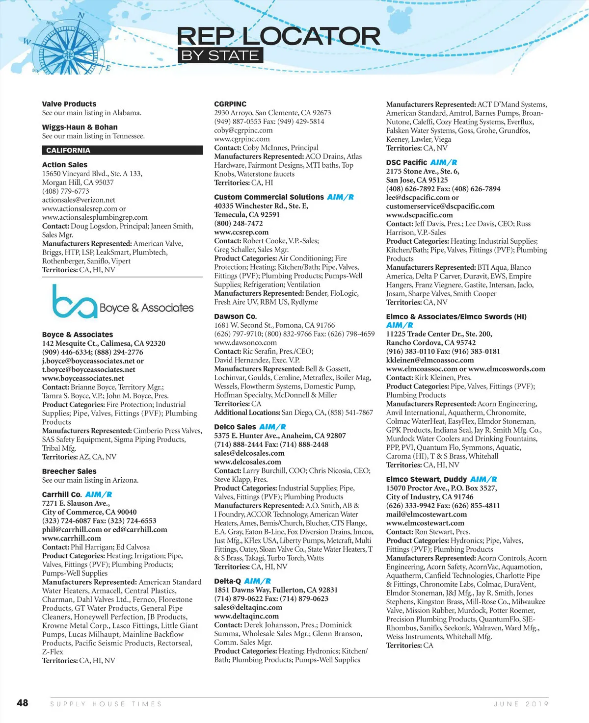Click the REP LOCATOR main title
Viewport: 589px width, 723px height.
point(278,36)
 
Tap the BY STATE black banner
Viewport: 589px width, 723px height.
point(220,55)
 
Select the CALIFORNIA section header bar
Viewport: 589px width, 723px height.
point(122,151)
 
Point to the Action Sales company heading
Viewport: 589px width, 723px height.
point(65,165)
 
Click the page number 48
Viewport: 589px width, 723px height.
point(23,703)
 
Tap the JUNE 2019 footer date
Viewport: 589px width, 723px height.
point(521,704)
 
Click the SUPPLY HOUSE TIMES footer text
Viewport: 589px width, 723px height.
point(106,704)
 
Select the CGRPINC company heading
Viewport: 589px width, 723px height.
point(230,104)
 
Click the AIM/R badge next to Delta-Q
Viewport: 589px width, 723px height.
point(257,581)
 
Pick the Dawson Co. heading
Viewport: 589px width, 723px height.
point(236,316)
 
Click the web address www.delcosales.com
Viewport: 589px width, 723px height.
point(247,462)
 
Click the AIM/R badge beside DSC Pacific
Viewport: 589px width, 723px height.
point(444,162)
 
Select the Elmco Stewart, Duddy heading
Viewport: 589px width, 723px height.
point(426,479)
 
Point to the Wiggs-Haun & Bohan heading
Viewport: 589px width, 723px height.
point(80,127)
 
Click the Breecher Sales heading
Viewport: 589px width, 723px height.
point(69,471)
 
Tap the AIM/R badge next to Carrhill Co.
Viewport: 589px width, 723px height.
point(99,494)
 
